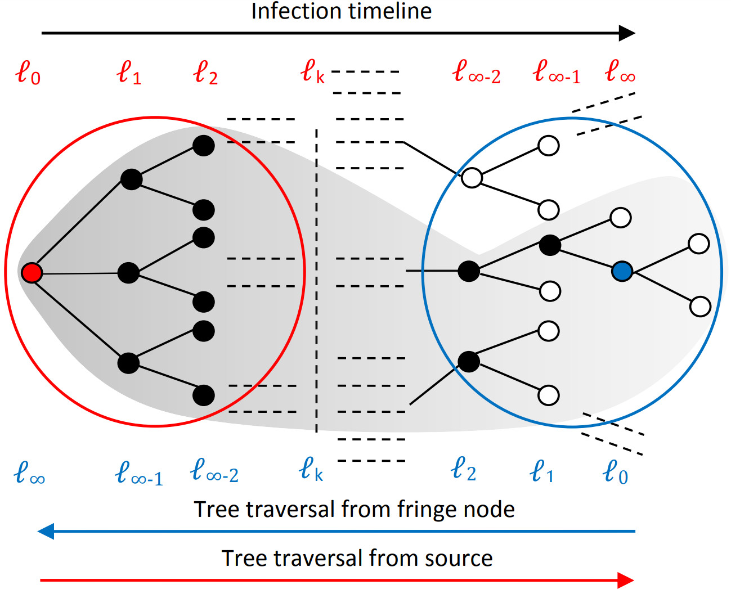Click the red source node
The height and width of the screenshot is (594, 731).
coord(32,273)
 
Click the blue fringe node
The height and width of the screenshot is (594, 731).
coord(622,271)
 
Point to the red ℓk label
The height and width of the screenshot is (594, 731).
coord(312,72)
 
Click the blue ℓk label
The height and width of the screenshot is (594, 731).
coord(311,469)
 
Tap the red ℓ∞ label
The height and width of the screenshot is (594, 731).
coord(620,72)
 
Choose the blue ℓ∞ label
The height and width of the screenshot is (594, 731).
coord(29,473)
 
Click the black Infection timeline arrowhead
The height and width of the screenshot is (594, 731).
coord(627,33)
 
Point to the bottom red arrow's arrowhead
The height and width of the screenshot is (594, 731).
coord(626,580)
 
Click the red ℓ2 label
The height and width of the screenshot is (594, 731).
coord(205,73)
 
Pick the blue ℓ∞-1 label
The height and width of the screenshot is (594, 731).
coord(139,473)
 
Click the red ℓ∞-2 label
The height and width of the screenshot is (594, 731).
coord(476,73)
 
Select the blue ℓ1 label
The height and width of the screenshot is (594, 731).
coord(542,471)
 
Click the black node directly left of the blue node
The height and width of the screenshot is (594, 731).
coord(550,245)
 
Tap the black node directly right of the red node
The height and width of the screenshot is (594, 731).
coord(128,273)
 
